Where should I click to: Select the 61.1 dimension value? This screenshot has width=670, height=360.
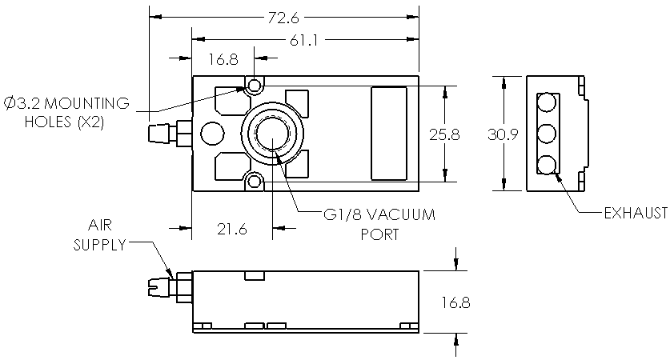click(x=305, y=41)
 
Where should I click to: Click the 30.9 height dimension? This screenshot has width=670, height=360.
click(x=502, y=134)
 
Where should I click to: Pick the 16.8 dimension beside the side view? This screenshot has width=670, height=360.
click(x=455, y=302)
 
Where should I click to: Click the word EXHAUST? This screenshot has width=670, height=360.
click(x=635, y=213)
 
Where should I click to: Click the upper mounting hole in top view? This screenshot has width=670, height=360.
click(x=255, y=85)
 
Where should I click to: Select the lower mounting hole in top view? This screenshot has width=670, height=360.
click(x=255, y=182)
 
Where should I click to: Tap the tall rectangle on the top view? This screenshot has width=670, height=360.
click(x=390, y=133)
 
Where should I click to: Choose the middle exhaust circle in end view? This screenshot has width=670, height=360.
click(x=548, y=133)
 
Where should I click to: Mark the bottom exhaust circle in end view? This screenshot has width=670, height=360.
click(x=548, y=164)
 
